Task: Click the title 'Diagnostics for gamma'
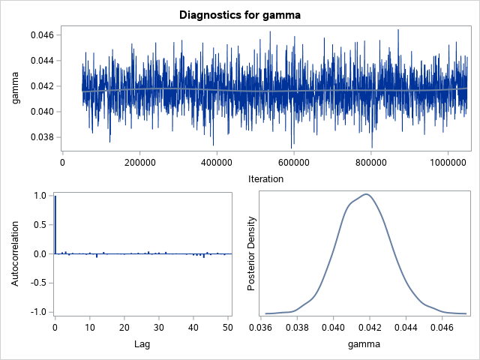240,14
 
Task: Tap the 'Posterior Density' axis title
253,253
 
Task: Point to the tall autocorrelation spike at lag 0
55,225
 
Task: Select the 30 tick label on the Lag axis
159,328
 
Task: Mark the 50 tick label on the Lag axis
229,328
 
